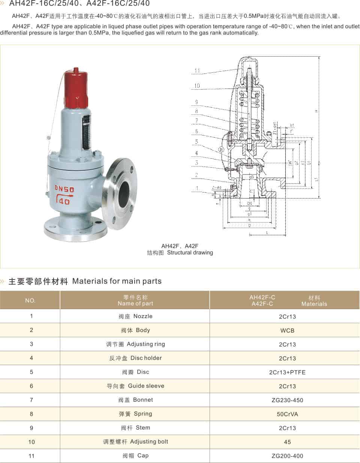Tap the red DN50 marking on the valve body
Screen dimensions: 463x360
pyautogui.click(x=64, y=189)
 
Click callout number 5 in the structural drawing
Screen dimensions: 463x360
pyautogui.click(x=196, y=142)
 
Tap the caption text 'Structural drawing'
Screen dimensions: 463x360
pyautogui.click(x=190, y=253)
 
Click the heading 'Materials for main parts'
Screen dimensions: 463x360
pyautogui.click(x=117, y=281)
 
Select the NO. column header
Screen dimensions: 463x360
pyautogui.click(x=30, y=301)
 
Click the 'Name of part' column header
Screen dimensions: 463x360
pyautogui.click(x=135, y=301)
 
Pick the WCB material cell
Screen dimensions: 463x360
pyautogui.click(x=287, y=331)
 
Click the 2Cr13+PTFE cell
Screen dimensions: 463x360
pyautogui.click(x=287, y=372)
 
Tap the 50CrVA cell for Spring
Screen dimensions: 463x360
pyautogui.click(x=287, y=414)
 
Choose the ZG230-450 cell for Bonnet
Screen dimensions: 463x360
pyautogui.click(x=287, y=400)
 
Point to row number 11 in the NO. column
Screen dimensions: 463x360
pyautogui.click(x=31, y=456)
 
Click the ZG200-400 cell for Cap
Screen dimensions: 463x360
pyautogui.click(x=287, y=456)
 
